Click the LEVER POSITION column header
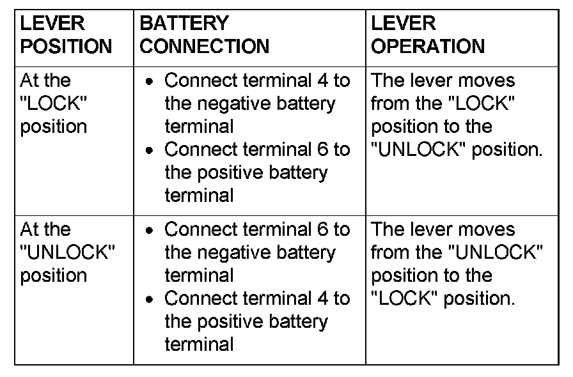pyautogui.click(x=66, y=35)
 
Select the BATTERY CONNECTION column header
pyautogui.click(x=204, y=35)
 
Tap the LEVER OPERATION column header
pyautogui.click(x=428, y=35)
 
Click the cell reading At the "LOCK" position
pyautogui.click(x=53, y=104)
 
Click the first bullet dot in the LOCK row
pyautogui.click(x=149, y=81)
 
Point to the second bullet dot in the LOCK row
pyautogui.click(x=149, y=150)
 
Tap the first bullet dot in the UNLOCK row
pyautogui.click(x=149, y=230)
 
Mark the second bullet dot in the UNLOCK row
pyautogui.click(x=149, y=299)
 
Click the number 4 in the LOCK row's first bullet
pyautogui.click(x=323, y=81)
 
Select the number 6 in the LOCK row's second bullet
pyautogui.click(x=323, y=150)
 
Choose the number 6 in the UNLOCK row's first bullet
pyautogui.click(x=323, y=229)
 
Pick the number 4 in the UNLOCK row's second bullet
pyautogui.click(x=323, y=298)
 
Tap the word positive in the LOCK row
pyautogui.click(x=230, y=173)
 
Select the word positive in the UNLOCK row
pyautogui.click(x=230, y=322)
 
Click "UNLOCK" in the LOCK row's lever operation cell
pyautogui.click(x=418, y=150)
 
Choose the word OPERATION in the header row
pyautogui.click(x=428, y=47)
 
